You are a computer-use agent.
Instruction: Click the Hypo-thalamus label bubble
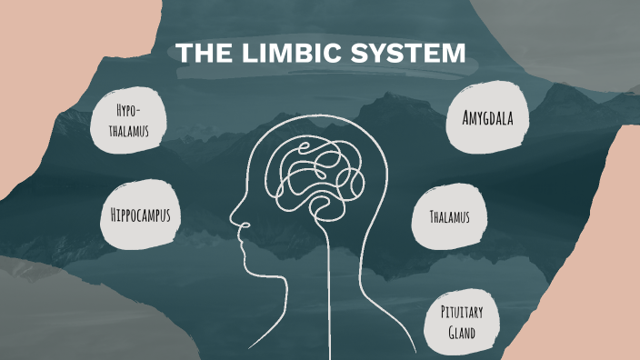[133, 122]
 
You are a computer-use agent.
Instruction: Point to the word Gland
[462, 333]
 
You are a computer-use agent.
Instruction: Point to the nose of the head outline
[234, 220]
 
